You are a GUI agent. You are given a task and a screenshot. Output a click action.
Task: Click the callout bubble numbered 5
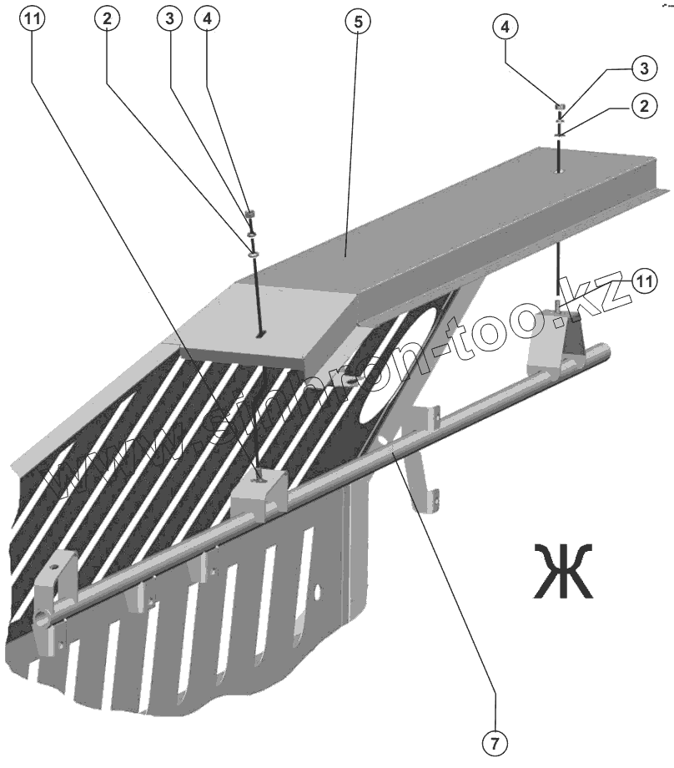point(357,23)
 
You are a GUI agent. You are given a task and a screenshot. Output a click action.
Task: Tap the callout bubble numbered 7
point(495,740)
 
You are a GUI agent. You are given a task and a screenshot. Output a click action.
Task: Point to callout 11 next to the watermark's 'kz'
point(643,281)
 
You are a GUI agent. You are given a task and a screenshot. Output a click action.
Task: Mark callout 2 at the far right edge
point(641,106)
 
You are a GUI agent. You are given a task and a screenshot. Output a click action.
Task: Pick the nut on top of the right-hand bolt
point(561,107)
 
